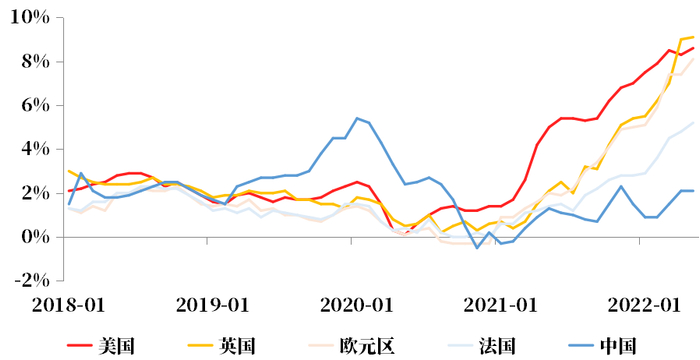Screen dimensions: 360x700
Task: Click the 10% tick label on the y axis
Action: [30, 18]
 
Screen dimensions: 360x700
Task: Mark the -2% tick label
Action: [30, 280]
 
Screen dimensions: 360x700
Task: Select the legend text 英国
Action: [237, 346]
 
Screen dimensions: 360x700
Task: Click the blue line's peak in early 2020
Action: [357, 118]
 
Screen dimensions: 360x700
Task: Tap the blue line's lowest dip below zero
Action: [477, 247]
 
